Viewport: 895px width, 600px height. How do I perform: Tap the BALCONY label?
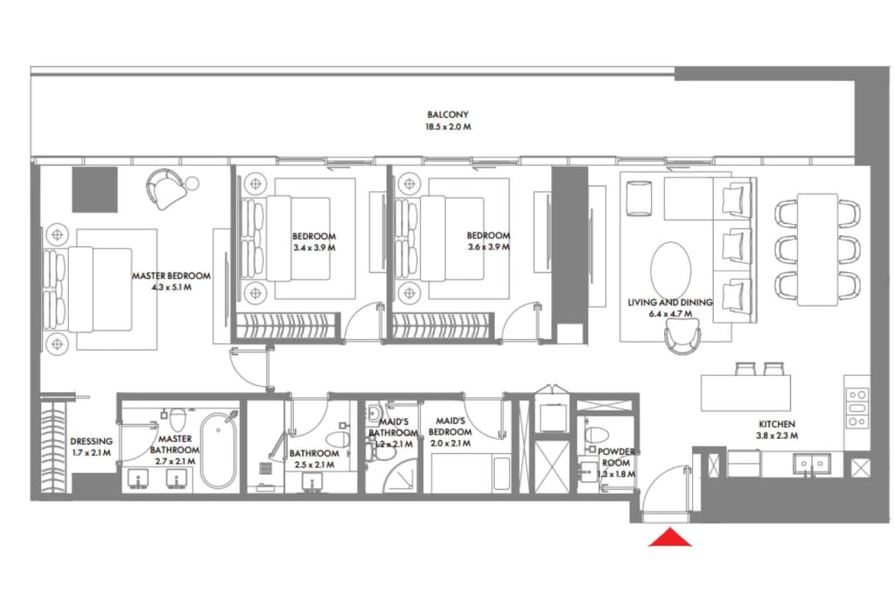448,115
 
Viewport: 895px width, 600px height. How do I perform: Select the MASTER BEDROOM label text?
171,276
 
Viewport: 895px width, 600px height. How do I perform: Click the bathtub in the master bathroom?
219,450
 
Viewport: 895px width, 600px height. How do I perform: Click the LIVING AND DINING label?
670,303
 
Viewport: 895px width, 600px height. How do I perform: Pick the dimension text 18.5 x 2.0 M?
448,127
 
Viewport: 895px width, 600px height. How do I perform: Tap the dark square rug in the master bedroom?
95,190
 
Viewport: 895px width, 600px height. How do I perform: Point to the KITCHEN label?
776,424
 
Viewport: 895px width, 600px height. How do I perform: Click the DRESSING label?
91,441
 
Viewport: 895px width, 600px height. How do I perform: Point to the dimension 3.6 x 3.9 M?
488,248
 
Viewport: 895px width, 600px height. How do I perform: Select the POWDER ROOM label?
615,457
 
